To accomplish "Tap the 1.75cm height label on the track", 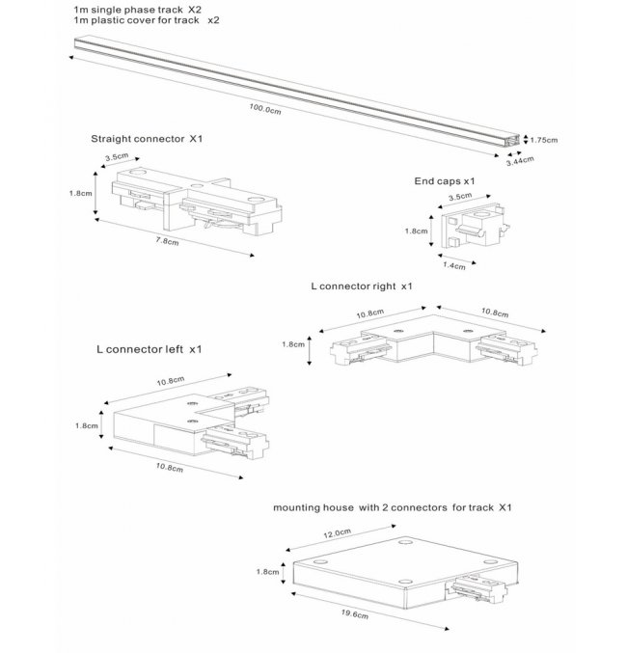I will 545,140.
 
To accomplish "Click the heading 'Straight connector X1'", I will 147,139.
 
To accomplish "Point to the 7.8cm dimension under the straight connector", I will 166,242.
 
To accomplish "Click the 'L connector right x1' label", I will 362,286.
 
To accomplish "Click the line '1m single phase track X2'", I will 139,8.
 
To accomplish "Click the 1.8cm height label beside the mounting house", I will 268,571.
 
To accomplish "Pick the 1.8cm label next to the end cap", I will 416,231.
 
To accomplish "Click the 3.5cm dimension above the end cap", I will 460,197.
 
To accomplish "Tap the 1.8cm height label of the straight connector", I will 81,192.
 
